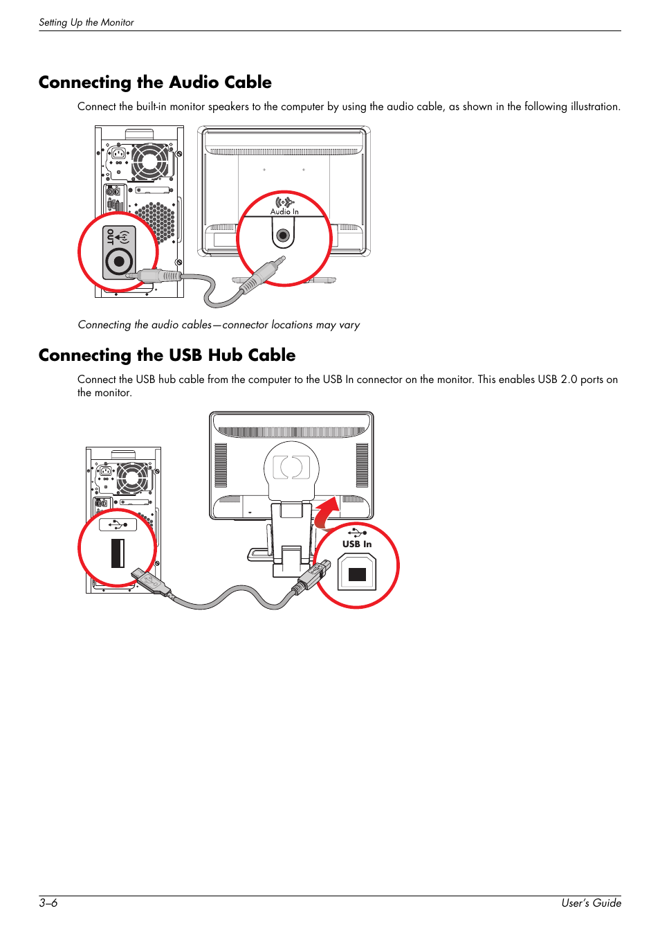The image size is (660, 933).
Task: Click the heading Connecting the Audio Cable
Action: click(155, 82)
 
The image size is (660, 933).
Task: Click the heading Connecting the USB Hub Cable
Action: click(167, 355)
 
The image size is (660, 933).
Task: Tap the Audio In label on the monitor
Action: click(284, 211)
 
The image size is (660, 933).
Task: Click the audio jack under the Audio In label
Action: click(282, 236)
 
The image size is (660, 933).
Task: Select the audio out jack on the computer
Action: click(119, 262)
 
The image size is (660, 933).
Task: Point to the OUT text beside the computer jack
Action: click(110, 237)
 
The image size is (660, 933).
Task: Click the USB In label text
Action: click(357, 544)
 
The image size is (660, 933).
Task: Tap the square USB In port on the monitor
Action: click(357, 574)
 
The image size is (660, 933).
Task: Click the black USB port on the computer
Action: click(118, 553)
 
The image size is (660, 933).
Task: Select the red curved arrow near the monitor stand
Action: click(327, 513)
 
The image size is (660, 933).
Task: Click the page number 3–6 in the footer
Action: click(48, 903)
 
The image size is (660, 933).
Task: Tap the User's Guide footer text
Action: click(591, 903)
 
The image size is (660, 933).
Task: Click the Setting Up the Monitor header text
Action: click(86, 22)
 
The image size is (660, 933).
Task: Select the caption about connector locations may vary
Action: click(219, 325)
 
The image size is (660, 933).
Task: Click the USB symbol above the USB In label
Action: click(357, 532)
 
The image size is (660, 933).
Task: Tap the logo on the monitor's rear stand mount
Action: click(291, 467)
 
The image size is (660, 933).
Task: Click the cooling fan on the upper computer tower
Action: click(149, 161)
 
